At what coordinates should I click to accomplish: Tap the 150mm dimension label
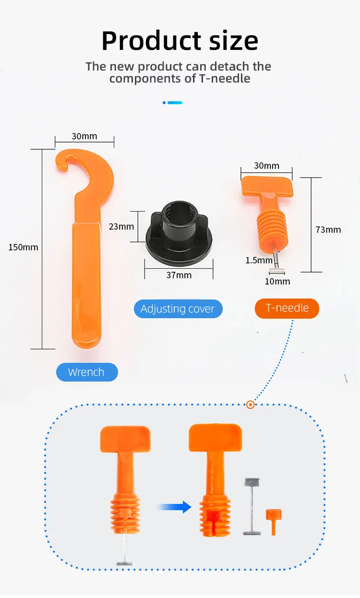23,248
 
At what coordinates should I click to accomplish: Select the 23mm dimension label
121,226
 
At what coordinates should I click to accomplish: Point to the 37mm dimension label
179,275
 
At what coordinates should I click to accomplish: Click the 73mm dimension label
328,229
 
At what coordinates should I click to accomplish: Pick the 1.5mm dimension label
259,260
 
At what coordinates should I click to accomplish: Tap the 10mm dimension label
277,281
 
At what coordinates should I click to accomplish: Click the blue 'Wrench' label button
86,372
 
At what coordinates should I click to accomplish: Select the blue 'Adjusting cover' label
178,309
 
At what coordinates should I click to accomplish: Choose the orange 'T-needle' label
287,308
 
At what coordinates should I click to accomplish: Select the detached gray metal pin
252,506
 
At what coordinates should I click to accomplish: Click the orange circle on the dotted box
250,405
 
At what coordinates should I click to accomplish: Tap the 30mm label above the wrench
84,136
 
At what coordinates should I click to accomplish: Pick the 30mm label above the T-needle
266,166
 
